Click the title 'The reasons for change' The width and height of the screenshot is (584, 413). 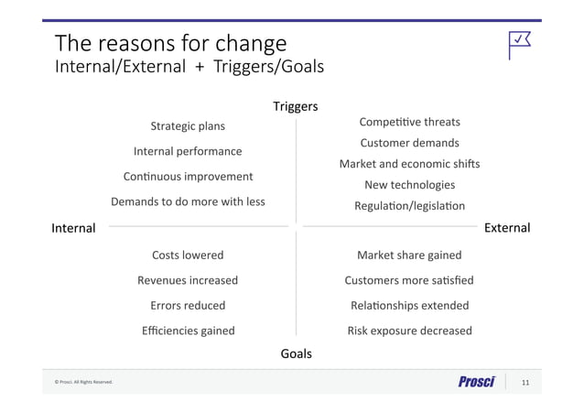point(170,43)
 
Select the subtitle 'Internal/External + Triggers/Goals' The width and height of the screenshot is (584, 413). point(189,67)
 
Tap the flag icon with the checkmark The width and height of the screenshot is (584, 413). point(520,43)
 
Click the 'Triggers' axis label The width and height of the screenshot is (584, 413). point(295,107)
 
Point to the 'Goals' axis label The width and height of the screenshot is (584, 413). point(295,353)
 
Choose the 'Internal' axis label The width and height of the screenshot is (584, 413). point(73,228)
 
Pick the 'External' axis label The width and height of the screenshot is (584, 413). point(506,228)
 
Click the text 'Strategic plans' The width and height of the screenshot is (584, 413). point(188,126)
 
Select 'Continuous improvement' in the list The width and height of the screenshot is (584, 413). point(188,177)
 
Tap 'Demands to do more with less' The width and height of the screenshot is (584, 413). point(188,201)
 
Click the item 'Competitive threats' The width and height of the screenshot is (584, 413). point(409,122)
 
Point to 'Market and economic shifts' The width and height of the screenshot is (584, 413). point(409,164)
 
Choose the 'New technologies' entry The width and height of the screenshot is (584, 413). point(409,185)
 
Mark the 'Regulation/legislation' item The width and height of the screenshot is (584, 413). point(409,206)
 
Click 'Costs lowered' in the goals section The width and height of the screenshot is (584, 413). point(188,255)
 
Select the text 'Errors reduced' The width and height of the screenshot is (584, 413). point(188,306)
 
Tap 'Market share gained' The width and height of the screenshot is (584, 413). point(409,255)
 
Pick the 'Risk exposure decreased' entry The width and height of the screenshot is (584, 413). point(409,331)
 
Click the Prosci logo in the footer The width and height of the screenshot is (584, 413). point(476,382)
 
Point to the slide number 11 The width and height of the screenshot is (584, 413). point(525,382)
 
